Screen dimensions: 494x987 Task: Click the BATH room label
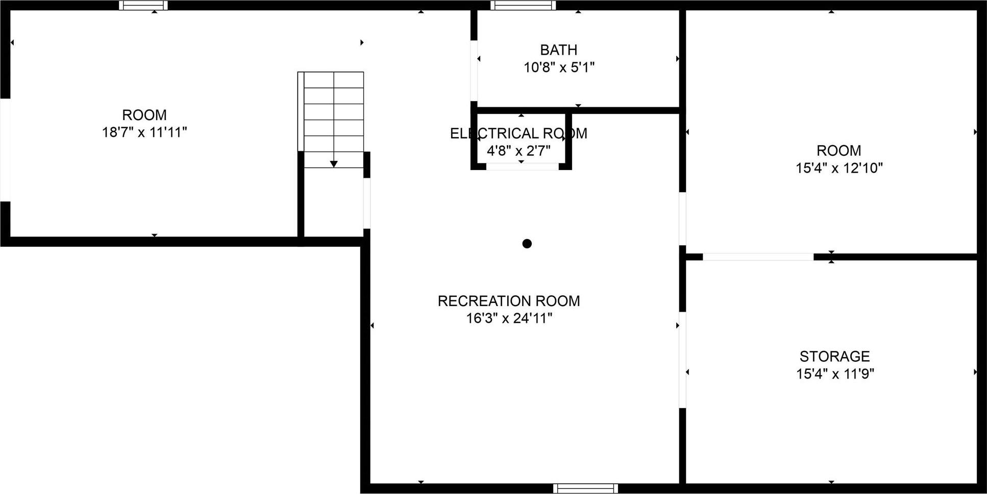pyautogui.click(x=559, y=50)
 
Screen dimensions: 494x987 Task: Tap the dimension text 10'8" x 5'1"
pyautogui.click(x=559, y=67)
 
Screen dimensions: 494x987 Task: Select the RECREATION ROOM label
pyautogui.click(x=509, y=301)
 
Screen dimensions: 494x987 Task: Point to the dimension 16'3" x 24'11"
pyautogui.click(x=509, y=318)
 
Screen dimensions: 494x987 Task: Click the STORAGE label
pyautogui.click(x=834, y=357)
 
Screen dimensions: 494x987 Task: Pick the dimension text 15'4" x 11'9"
pyautogui.click(x=835, y=374)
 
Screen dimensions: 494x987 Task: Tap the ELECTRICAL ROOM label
pyautogui.click(x=519, y=134)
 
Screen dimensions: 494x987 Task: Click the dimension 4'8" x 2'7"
pyautogui.click(x=519, y=151)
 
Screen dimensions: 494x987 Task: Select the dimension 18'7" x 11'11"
pyautogui.click(x=144, y=132)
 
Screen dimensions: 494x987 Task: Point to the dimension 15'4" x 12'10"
pyautogui.click(x=839, y=168)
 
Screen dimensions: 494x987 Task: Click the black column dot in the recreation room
pyautogui.click(x=527, y=244)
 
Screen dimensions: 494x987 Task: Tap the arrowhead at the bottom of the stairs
pyautogui.click(x=334, y=164)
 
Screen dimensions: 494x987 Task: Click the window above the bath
pyautogui.click(x=523, y=6)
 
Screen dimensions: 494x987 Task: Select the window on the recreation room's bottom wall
pyautogui.click(x=585, y=488)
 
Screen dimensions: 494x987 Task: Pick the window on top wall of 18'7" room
pyautogui.click(x=143, y=6)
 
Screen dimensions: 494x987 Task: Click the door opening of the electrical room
pyautogui.click(x=522, y=167)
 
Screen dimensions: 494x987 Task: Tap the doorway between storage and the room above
pyautogui.click(x=758, y=257)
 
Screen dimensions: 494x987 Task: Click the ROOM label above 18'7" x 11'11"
pyautogui.click(x=144, y=115)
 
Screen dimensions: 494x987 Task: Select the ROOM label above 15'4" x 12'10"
pyautogui.click(x=839, y=151)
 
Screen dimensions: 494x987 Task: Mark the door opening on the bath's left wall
pyautogui.click(x=474, y=70)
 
